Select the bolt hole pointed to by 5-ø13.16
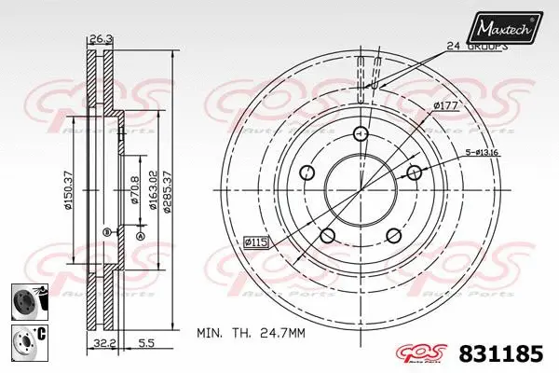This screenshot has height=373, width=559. point(412,172)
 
